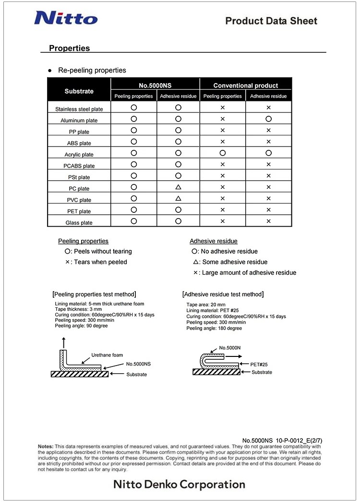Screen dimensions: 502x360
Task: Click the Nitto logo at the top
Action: tap(65, 18)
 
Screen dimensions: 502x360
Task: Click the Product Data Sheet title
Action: tap(271, 21)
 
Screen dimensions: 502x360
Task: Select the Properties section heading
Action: tap(69, 48)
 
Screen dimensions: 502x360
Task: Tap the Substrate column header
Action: tap(79, 91)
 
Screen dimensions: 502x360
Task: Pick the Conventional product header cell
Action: tap(245, 86)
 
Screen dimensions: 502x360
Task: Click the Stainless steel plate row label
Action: tap(79, 109)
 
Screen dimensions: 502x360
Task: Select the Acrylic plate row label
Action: tap(79, 155)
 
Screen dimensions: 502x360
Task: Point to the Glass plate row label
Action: tap(79, 223)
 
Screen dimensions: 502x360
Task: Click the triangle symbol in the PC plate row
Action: tap(178, 187)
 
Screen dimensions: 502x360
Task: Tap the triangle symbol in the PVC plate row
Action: tap(178, 198)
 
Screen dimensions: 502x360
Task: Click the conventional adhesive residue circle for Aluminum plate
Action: tap(269, 119)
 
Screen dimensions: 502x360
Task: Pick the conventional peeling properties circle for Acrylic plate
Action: tap(223, 153)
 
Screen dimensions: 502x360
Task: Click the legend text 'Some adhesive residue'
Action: tap(235, 262)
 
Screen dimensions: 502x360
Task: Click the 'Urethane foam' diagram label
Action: tap(107, 355)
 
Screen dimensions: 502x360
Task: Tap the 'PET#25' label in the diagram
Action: tap(260, 365)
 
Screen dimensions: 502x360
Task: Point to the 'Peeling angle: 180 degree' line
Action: tap(214, 329)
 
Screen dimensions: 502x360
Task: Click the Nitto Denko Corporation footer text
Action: tap(179, 484)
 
